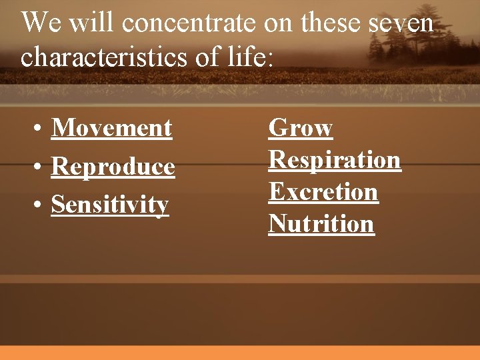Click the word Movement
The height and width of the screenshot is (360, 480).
click(x=111, y=127)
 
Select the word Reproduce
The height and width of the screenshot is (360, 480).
click(x=113, y=166)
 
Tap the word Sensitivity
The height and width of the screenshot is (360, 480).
click(x=110, y=205)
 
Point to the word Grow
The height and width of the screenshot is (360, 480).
click(x=300, y=127)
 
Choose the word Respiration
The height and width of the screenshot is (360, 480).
click(x=335, y=159)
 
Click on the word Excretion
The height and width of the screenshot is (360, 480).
click(x=323, y=192)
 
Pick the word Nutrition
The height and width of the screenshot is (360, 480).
click(x=321, y=224)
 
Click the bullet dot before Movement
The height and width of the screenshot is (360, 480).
click(x=40, y=129)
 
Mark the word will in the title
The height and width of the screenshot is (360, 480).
click(x=84, y=24)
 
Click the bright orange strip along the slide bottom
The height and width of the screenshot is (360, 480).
click(x=240, y=353)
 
